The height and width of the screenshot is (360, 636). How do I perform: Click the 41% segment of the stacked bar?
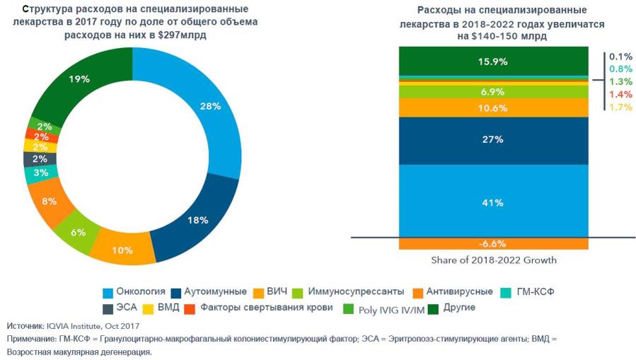click(493, 202)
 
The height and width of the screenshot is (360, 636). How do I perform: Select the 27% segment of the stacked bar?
click(493, 140)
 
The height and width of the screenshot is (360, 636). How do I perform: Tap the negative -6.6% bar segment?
click(493, 243)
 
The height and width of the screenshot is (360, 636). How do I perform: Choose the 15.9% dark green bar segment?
click(493, 61)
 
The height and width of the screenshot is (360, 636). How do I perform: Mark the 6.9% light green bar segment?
click(493, 92)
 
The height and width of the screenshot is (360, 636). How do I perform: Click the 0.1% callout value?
click(620, 56)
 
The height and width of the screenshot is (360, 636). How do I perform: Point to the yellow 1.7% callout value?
click(620, 107)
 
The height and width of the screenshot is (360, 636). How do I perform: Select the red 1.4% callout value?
click(620, 94)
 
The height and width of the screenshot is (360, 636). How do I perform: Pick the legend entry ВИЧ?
click(277, 291)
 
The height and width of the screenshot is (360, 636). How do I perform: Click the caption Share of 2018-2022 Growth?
click(493, 260)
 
